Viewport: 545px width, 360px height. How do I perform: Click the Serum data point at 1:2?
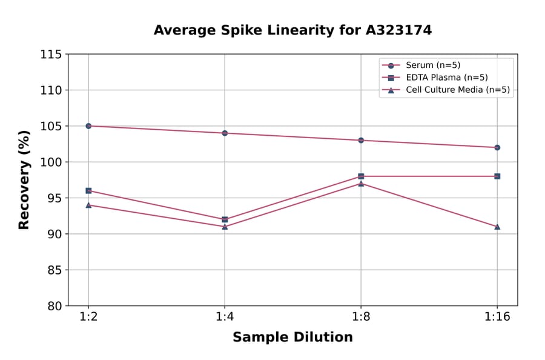[x=88, y=126]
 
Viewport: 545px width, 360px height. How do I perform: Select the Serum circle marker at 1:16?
[x=497, y=147]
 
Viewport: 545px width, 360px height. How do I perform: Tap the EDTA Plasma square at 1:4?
[x=225, y=219]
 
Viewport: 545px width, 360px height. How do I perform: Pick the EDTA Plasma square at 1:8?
[x=361, y=176]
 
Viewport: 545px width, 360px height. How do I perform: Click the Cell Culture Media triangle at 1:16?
[x=497, y=227]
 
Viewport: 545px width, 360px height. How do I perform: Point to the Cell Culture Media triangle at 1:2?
[x=88, y=205]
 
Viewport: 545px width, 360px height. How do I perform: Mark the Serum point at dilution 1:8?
[x=361, y=140]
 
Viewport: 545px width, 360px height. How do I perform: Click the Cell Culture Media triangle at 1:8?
[x=361, y=183]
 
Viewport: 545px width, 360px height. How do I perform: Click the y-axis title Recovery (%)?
[x=24, y=180]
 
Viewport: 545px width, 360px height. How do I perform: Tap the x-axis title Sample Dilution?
[x=292, y=338]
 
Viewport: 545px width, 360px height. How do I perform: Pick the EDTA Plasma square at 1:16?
[x=497, y=176]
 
